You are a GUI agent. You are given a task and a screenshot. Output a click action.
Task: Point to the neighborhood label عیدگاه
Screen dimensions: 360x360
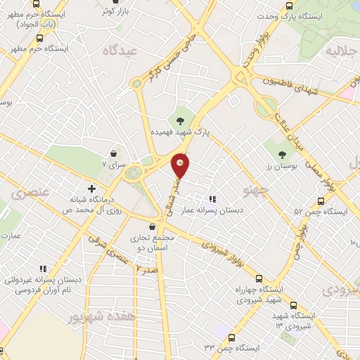click(x=117, y=51)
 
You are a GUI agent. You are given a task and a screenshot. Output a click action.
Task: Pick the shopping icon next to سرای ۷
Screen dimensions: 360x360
click(x=114, y=153)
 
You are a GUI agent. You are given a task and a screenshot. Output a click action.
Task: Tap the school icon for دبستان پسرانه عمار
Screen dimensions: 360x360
click(x=212, y=199)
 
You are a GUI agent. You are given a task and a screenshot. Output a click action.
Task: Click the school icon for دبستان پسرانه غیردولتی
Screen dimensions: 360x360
click(x=43, y=268)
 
